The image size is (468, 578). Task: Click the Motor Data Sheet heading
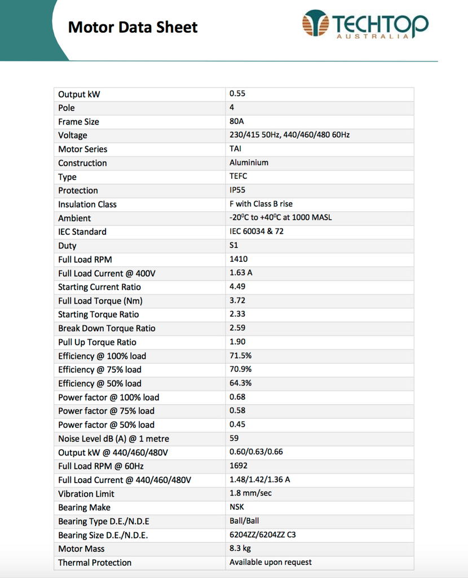[x=133, y=27]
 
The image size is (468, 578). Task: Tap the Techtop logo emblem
[x=315, y=24]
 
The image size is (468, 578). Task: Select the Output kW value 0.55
[x=237, y=94]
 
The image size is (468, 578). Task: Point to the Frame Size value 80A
[x=237, y=121]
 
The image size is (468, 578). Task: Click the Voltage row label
[x=73, y=135]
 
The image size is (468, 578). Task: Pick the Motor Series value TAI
[x=235, y=149]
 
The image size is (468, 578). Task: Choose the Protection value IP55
[x=237, y=190]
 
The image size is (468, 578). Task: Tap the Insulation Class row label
[x=87, y=204]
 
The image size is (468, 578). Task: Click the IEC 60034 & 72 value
[x=257, y=231]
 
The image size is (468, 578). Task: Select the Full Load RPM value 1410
[x=239, y=259]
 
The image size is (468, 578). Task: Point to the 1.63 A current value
[x=241, y=273]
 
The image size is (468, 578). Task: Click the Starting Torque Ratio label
[x=98, y=314]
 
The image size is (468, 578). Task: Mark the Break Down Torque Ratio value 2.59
[x=237, y=328]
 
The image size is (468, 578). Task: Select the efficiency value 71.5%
[x=240, y=356]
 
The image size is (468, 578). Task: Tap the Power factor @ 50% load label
[x=106, y=424]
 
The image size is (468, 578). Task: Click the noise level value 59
[x=234, y=438]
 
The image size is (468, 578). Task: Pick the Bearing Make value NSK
[x=237, y=507]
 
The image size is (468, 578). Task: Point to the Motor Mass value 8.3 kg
[x=240, y=548]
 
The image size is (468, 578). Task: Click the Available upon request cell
[x=271, y=562]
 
